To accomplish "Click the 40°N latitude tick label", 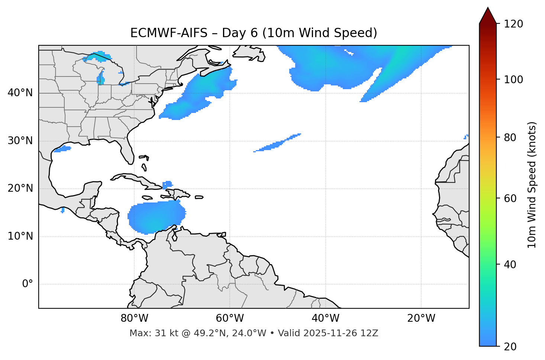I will [20, 93].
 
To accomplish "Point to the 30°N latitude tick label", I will [20, 141].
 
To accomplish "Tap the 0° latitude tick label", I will [28, 284].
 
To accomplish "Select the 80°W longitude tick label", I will [134, 318].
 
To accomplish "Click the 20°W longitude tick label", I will [421, 318].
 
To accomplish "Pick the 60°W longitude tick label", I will [230, 318].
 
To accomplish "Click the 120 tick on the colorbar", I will [513, 24].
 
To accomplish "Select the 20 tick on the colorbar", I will [510, 346].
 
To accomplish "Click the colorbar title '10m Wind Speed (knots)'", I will [532, 185].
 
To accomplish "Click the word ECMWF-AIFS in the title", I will [169, 33].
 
